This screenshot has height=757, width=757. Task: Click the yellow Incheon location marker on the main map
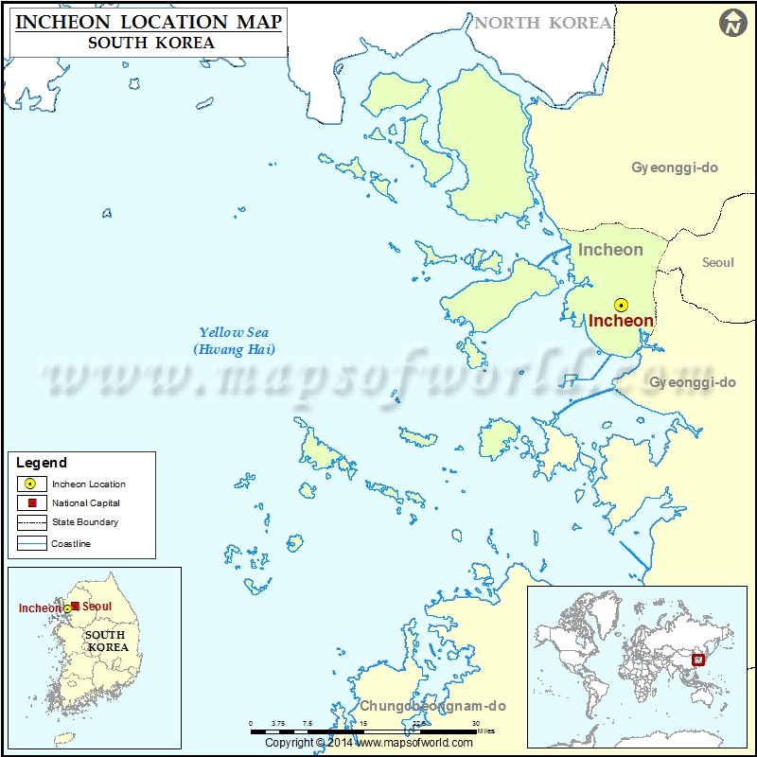click(621, 305)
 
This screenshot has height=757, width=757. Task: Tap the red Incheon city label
click(621, 321)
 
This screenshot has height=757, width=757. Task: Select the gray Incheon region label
click(610, 250)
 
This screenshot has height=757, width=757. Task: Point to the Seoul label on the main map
click(718, 262)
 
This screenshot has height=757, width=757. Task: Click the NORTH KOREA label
click(543, 23)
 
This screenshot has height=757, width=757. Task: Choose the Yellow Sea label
click(234, 332)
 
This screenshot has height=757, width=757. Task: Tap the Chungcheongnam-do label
click(432, 706)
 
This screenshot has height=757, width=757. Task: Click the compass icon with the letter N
click(732, 24)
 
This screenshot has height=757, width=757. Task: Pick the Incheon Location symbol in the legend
click(31, 484)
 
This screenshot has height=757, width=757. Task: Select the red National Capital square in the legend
click(31, 503)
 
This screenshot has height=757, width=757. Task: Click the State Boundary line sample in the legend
click(31, 522)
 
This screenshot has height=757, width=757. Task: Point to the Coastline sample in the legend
click(31, 543)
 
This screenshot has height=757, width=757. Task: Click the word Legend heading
click(42, 463)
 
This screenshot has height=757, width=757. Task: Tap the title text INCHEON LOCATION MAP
click(149, 22)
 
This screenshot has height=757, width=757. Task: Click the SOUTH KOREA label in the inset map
click(105, 641)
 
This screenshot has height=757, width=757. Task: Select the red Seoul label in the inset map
click(97, 607)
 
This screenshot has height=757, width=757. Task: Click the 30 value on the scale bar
click(475, 724)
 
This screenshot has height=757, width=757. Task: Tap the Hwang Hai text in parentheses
click(234, 349)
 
